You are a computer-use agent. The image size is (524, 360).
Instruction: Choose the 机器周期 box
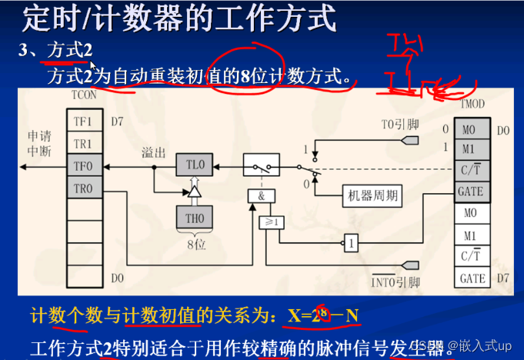tap(372, 195)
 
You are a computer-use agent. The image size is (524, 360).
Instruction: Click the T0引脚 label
tap(399, 124)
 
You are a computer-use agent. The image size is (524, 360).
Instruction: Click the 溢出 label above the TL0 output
tap(153, 152)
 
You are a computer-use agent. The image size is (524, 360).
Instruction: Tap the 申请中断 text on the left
tap(38, 142)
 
